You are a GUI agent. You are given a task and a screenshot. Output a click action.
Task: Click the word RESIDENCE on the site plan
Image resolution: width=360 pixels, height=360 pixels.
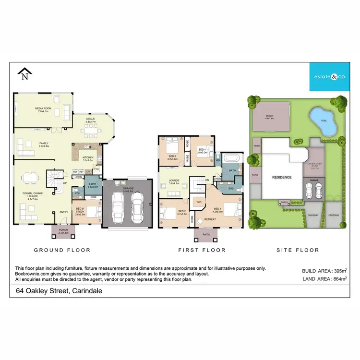click(282, 177)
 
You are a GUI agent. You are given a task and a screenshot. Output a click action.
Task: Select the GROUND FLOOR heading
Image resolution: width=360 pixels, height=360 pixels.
click(62, 250)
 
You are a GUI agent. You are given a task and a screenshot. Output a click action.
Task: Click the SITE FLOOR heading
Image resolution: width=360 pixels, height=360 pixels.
click(298, 250)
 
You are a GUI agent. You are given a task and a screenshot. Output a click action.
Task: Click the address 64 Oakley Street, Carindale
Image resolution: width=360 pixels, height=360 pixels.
click(59, 290)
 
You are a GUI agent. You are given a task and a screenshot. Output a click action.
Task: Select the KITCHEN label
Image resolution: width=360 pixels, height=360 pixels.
click(88, 158)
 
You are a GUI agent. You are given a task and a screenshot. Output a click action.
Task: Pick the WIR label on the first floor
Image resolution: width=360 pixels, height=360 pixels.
click(198, 202)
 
